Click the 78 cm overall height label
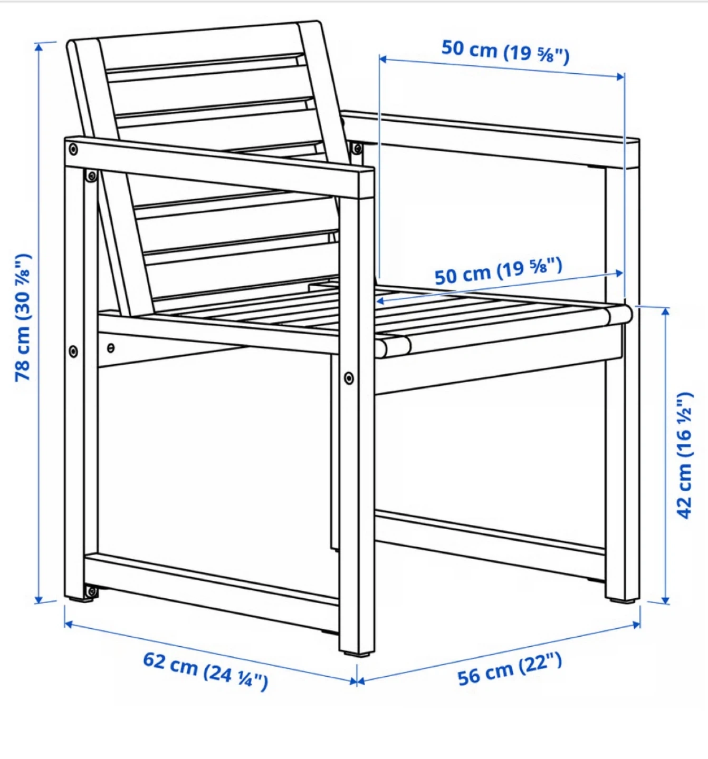point(23,318)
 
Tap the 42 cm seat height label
point(685,455)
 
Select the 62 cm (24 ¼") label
point(206,672)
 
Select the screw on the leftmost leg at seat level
point(73,351)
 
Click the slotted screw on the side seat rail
point(111,348)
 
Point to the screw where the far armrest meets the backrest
point(357,148)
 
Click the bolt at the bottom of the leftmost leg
point(91,592)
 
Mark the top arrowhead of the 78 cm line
point(39,46)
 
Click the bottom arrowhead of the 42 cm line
point(665,600)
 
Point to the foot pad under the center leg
point(356,654)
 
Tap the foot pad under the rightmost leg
point(623,601)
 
